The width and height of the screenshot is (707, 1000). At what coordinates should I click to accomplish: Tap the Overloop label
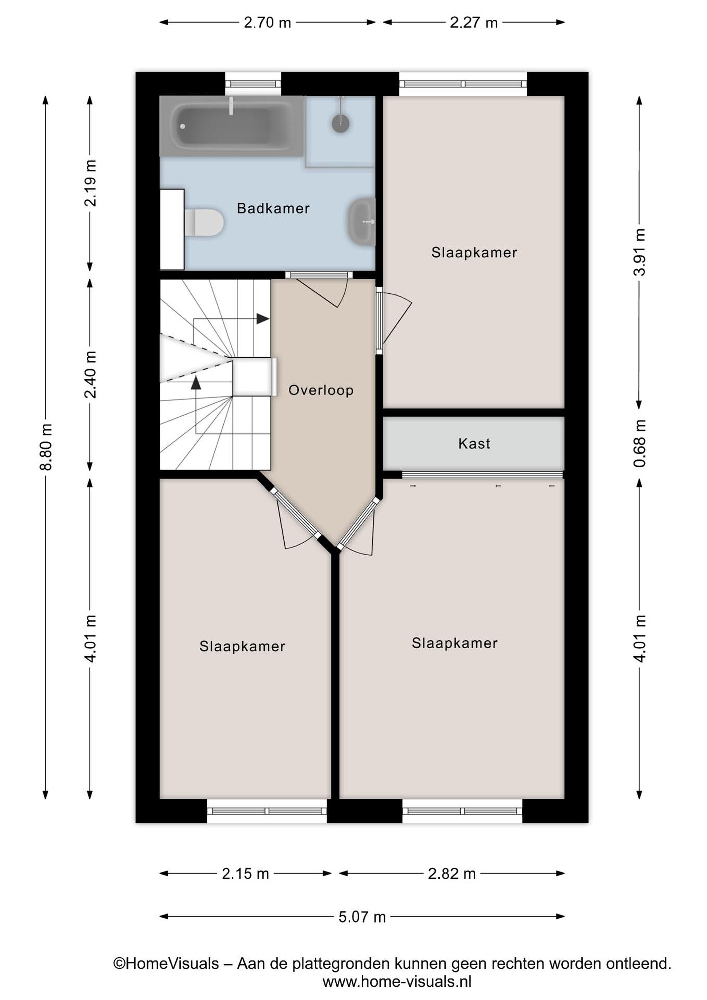(321, 390)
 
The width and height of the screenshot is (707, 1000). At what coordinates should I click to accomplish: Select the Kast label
(474, 443)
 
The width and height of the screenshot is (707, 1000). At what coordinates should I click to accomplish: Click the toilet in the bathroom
(204, 223)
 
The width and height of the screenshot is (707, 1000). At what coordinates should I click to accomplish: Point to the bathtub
(232, 126)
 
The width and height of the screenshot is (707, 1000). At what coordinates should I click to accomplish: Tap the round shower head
(340, 123)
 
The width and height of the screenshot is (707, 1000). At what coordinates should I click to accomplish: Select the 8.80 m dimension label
(46, 447)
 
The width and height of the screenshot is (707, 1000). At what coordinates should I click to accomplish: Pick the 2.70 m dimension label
(267, 22)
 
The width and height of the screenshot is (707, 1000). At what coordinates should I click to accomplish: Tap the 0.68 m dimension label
(640, 443)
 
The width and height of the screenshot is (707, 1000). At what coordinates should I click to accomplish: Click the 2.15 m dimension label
(245, 873)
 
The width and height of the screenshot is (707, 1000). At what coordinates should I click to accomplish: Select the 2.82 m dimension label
(452, 873)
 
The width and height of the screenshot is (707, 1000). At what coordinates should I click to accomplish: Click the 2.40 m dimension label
(90, 375)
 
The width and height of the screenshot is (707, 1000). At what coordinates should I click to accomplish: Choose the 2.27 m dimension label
(474, 22)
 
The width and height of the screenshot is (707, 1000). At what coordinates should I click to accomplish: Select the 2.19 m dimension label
(90, 183)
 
